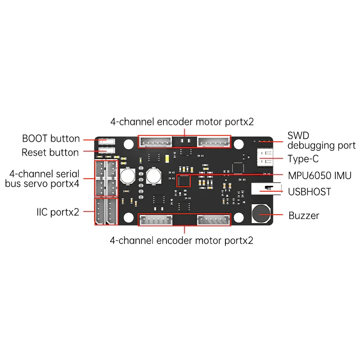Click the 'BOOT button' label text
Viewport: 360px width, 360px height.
(51, 139)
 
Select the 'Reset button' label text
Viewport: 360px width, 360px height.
(50, 153)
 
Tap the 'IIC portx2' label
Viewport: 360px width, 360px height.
(58, 212)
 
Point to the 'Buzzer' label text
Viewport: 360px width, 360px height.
(304, 216)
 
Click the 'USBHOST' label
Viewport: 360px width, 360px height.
(310, 192)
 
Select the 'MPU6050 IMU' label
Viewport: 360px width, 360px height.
(319, 175)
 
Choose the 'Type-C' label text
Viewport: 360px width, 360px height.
(303, 158)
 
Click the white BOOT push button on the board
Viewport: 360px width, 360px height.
(106, 141)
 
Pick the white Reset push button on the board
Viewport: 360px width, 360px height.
(106, 151)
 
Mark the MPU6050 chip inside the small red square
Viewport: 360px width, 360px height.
(184, 181)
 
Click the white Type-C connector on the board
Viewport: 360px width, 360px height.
(265, 156)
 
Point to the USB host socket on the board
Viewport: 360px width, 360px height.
(265, 189)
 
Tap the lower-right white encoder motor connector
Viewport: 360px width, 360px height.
(213, 220)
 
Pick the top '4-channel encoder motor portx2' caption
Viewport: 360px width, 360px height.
(182, 122)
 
